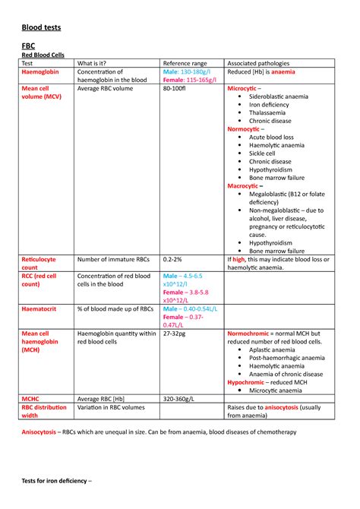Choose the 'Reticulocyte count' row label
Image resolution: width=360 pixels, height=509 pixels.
pos(39,263)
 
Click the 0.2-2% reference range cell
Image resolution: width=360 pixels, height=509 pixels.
pos(172,259)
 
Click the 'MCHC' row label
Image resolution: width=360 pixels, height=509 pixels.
pos(31,397)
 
